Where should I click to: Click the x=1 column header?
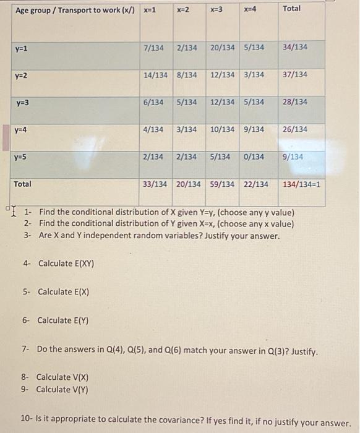coord(149,9)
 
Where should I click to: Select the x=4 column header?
coord(250,9)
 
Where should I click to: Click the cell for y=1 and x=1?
coord(153,47)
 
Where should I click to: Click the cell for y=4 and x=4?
coord(255,129)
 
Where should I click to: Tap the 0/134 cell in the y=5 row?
coord(254,157)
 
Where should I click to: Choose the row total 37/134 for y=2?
coord(294,75)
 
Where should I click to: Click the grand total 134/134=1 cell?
coord(302,184)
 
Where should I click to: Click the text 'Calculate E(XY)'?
coord(66,263)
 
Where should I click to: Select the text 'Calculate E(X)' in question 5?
coord(64,291)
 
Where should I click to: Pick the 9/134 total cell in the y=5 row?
coord(293,157)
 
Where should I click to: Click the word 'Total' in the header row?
coord(291,9)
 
